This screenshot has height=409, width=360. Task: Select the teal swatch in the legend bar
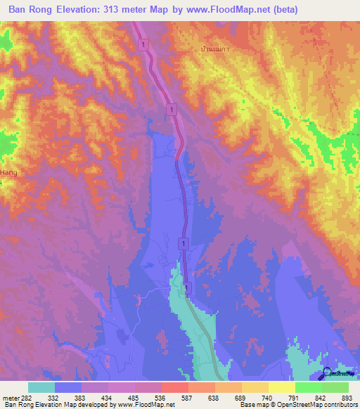(x=41, y=387)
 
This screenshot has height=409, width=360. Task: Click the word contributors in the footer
(x=339, y=405)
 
